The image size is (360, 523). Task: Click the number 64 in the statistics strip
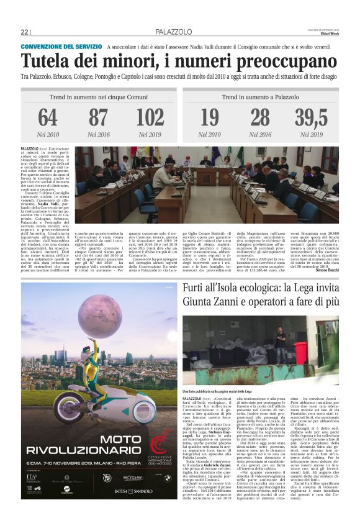[x=48, y=117]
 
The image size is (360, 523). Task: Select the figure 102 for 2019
[x=150, y=117]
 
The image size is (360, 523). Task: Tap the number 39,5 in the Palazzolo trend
[x=312, y=117]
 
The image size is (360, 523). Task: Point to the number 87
[x=98, y=117]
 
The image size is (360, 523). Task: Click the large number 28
[x=260, y=117]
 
